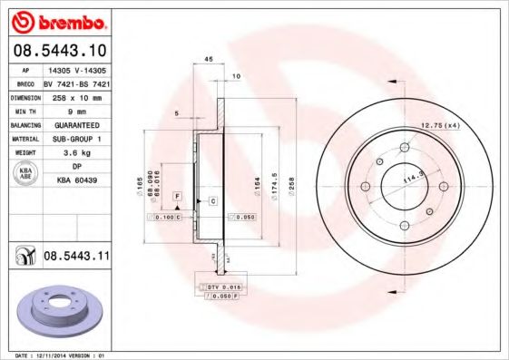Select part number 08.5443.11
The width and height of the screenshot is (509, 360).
[x=76, y=257]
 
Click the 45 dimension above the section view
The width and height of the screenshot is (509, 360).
[x=208, y=59]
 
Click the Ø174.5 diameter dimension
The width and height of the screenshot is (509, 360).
[x=273, y=186]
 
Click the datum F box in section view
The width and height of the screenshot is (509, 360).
[x=178, y=197]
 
